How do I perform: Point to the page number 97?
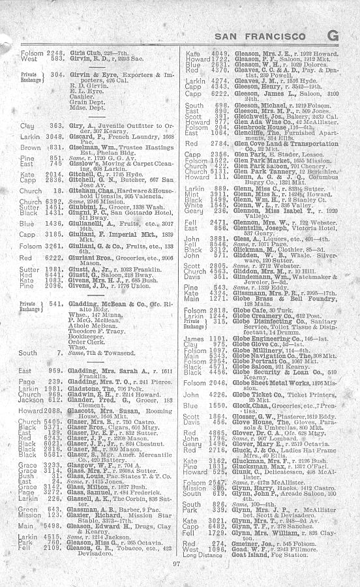[x=175, y=564]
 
